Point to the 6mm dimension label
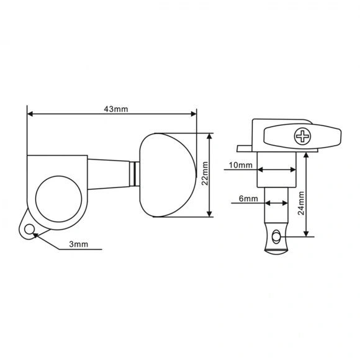[248, 199]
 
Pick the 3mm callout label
[78, 245]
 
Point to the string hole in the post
[276, 235]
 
